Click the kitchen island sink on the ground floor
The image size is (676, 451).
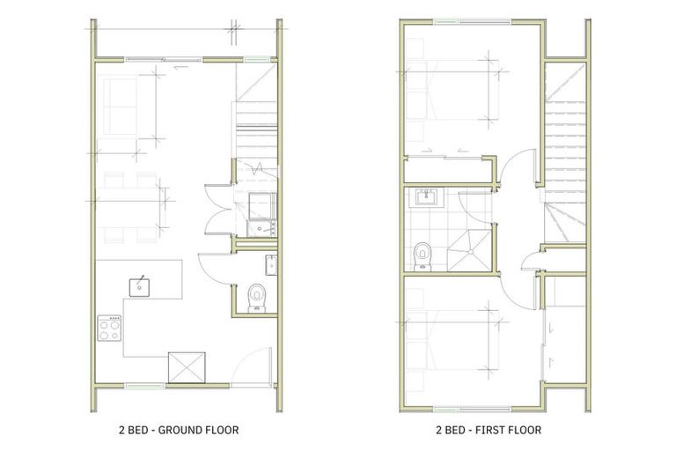click(140, 285)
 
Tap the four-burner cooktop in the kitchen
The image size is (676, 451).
click(109, 329)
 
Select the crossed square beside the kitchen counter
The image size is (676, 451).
click(187, 366)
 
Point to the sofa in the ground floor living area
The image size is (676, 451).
click(121, 107)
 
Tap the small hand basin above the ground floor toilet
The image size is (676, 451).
click(271, 263)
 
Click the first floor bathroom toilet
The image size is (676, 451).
click(422, 255)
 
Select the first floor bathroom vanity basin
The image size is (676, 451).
click(425, 197)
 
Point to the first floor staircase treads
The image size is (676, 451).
click(563, 141)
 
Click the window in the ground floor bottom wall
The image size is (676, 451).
click(145, 385)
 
